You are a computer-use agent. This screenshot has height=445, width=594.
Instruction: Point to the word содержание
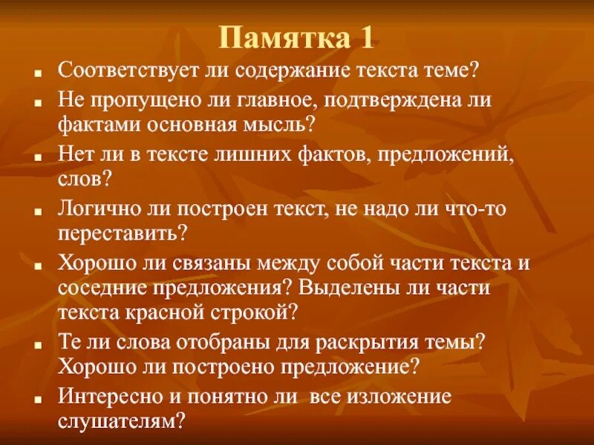pos(292,72)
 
